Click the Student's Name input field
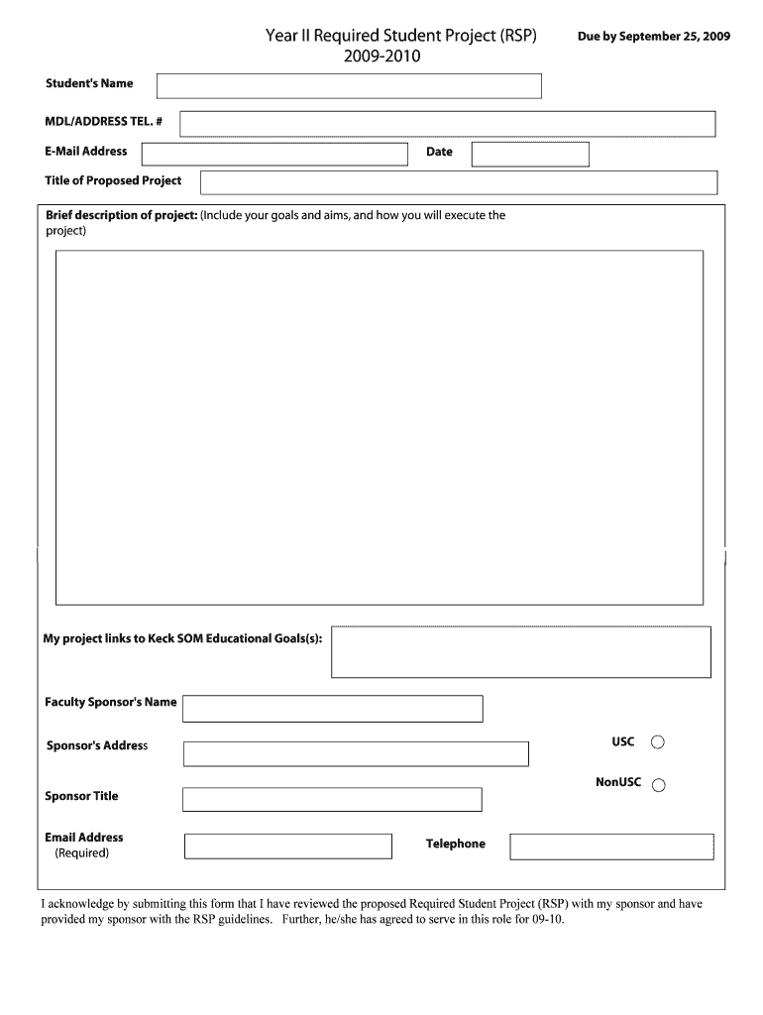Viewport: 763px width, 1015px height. click(x=349, y=86)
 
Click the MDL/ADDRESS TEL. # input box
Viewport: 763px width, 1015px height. click(x=447, y=124)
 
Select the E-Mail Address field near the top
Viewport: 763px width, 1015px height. click(x=274, y=154)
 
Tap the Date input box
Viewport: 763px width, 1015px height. click(x=530, y=154)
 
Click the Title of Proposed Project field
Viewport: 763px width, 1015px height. click(x=459, y=182)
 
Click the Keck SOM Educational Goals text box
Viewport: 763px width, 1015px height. click(x=521, y=651)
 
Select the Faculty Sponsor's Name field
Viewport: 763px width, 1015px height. click(x=333, y=709)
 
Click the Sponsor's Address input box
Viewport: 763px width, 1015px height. click(x=356, y=753)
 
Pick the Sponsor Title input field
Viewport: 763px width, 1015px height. click(x=333, y=799)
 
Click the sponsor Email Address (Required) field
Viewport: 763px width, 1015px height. click(x=288, y=846)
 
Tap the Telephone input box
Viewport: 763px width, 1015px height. click(x=611, y=846)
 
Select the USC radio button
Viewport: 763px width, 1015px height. click(x=658, y=742)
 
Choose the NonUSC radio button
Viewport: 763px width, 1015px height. click(x=658, y=785)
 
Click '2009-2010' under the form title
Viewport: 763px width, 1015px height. click(x=382, y=57)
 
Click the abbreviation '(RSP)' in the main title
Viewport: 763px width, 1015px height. click(x=518, y=37)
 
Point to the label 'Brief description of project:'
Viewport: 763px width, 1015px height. click(x=122, y=215)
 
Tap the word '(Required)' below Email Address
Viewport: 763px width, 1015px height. click(x=82, y=852)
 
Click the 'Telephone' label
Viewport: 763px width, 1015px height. click(x=456, y=845)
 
